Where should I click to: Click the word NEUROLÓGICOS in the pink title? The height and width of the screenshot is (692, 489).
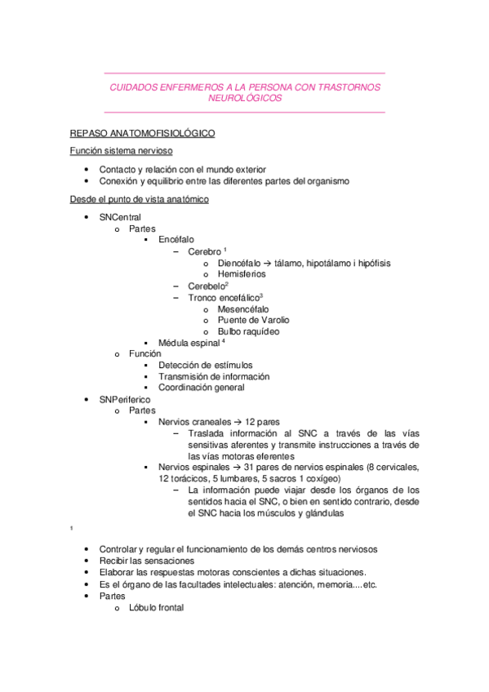[x=244, y=97]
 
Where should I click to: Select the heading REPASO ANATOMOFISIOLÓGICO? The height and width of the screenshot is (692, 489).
[x=142, y=131]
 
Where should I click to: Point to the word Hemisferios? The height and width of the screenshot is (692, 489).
[x=242, y=275]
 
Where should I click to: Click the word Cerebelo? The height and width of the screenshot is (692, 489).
[x=206, y=286]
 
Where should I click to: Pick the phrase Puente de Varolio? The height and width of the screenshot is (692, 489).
[x=254, y=321]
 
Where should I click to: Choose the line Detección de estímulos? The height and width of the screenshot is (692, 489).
[x=206, y=366]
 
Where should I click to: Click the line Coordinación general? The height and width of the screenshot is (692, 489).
[x=202, y=388]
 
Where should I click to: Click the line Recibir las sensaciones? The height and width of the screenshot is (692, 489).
[x=147, y=561]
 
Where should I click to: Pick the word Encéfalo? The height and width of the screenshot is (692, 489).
[x=176, y=241]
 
